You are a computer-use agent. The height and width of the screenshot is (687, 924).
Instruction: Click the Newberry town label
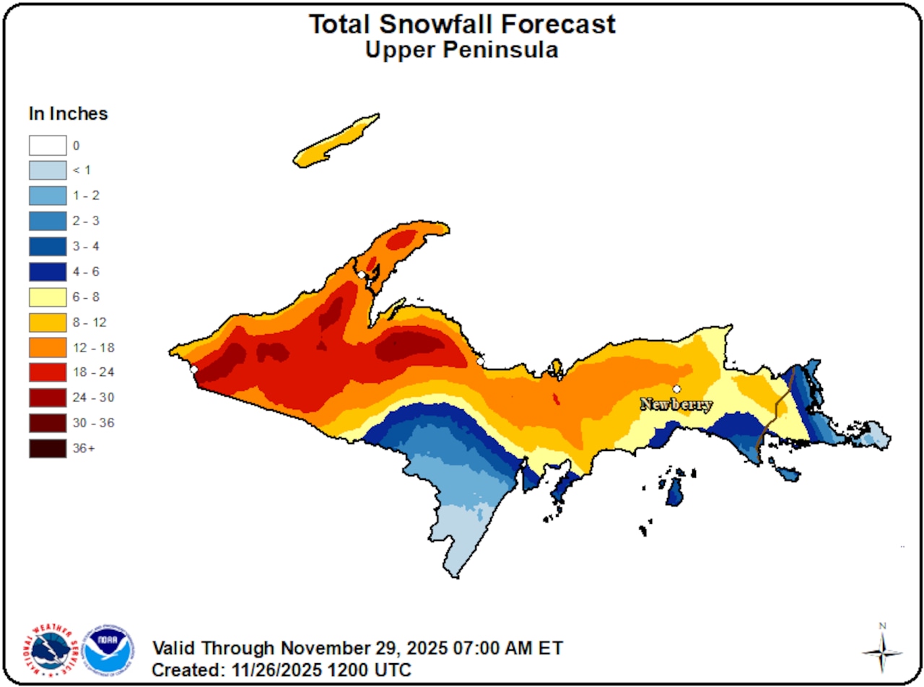coord(676,405)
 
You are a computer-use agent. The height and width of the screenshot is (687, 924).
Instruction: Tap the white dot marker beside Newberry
coord(676,389)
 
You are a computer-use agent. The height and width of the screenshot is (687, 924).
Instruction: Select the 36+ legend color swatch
coord(48,448)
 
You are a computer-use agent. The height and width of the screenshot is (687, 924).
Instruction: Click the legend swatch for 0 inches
coord(48,146)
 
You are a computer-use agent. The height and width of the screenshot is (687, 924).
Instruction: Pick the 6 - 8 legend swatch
coord(48,297)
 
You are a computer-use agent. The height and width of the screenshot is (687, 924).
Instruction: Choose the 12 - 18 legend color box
coord(48,347)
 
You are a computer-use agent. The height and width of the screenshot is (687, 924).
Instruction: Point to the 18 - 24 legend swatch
coord(48,372)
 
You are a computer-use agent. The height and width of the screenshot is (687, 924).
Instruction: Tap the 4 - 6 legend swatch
coord(48,271)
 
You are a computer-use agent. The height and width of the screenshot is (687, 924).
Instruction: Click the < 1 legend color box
coord(48,171)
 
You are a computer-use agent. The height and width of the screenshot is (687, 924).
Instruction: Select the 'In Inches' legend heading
coord(69,113)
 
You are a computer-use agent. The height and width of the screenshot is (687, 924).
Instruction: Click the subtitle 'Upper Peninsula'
coord(462,50)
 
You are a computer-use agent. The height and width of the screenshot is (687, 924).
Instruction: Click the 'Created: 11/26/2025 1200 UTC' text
coord(282,669)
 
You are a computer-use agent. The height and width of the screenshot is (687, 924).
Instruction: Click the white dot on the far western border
coord(193,369)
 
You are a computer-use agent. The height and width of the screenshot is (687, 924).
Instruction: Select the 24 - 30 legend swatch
coord(48,398)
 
